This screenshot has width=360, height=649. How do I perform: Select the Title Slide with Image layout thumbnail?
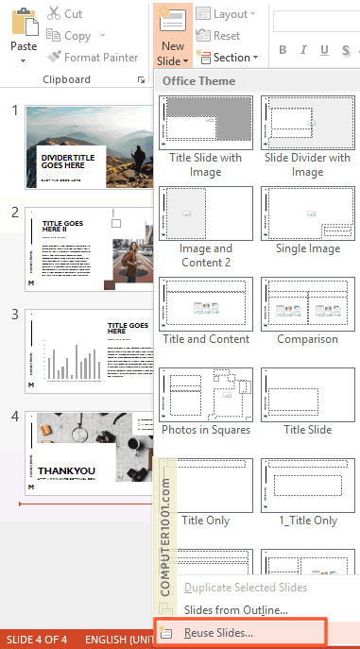pyautogui.click(x=205, y=122)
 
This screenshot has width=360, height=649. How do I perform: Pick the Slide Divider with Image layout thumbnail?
pyautogui.click(x=307, y=122)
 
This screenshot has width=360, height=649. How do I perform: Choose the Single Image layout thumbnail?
pyautogui.click(x=307, y=213)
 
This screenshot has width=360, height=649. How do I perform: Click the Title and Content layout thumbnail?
pyautogui.click(x=205, y=303)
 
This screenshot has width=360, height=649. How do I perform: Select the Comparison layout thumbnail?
pyautogui.click(x=307, y=303)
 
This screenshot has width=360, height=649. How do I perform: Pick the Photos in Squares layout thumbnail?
pyautogui.click(x=205, y=394)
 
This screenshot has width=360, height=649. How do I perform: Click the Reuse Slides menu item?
pyautogui.click(x=218, y=632)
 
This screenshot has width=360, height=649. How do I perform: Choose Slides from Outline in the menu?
pyautogui.click(x=235, y=610)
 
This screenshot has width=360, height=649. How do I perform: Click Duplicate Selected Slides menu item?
pyautogui.click(x=245, y=588)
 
